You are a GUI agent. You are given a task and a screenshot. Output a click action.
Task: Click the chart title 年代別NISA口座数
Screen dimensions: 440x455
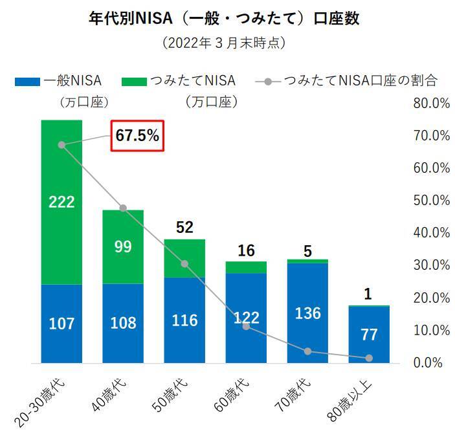point(223,17)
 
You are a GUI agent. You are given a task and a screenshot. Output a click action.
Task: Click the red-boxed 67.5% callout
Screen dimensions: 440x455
point(137,136)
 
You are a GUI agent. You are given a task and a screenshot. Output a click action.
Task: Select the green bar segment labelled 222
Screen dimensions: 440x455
point(61,202)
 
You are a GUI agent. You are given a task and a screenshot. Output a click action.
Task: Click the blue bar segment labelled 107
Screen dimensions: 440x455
point(61,323)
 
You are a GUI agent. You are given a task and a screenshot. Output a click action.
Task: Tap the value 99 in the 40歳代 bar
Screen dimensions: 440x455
point(123,247)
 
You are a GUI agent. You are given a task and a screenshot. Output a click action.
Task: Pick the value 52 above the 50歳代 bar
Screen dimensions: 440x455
point(184,227)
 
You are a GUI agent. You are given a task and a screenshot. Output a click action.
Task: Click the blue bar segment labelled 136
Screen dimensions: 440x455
point(307,313)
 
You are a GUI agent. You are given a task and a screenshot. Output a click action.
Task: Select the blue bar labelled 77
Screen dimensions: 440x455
point(369,335)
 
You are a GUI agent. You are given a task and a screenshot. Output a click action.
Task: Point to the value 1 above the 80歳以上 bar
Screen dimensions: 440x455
point(369,294)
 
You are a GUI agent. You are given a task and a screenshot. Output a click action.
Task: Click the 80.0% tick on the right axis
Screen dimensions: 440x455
point(430,103)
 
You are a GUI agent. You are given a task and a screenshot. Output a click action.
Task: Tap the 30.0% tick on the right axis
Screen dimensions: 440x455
point(430,265)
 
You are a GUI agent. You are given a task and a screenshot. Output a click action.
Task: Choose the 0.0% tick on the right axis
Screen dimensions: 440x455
point(430,362)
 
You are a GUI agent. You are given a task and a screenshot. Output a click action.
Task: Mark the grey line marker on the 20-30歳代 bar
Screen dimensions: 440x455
point(61,145)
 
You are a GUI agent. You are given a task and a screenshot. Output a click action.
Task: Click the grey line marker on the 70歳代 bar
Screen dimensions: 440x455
point(307,351)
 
